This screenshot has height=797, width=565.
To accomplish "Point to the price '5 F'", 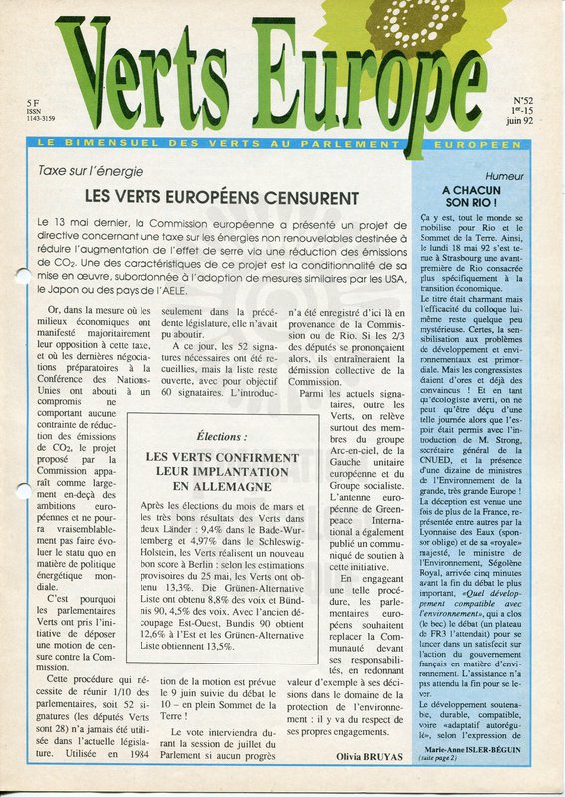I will click(x=35, y=102).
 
